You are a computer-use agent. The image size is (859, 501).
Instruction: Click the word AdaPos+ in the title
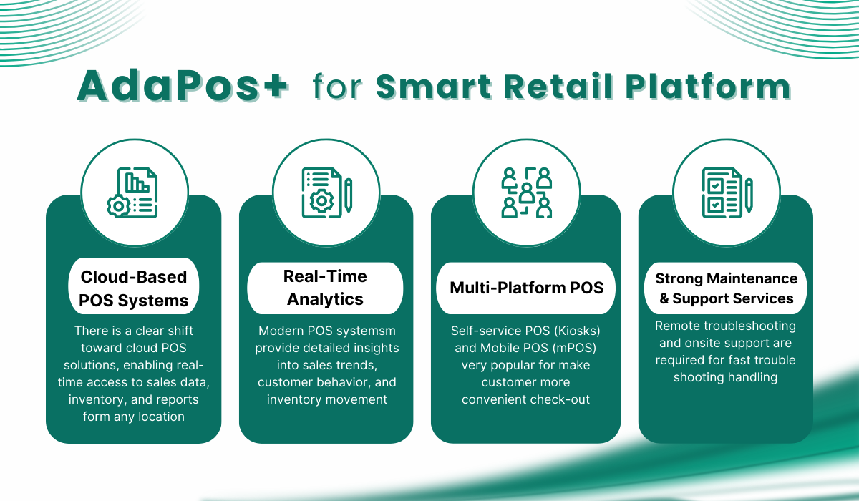[x=183, y=86]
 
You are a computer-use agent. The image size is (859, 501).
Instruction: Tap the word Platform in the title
[x=708, y=86]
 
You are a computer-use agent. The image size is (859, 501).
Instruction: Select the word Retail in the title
[x=558, y=86]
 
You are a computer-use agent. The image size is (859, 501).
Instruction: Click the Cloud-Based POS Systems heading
[x=133, y=288]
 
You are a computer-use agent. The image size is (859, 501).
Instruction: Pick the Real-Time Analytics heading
[x=325, y=288]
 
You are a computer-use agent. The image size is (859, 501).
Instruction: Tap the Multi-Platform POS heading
[x=527, y=288]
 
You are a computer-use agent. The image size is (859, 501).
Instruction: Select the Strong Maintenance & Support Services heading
[x=726, y=288]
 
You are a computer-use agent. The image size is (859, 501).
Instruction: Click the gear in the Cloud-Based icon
[x=119, y=206]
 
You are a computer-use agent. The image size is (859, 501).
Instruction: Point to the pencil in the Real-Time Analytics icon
[x=348, y=195]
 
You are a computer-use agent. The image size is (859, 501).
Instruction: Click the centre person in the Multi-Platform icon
[x=527, y=193]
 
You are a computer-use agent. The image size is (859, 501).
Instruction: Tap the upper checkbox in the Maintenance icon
[x=715, y=186]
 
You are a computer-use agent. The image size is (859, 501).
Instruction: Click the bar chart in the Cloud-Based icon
[x=137, y=183]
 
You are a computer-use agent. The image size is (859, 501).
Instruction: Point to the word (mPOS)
[x=574, y=348]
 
